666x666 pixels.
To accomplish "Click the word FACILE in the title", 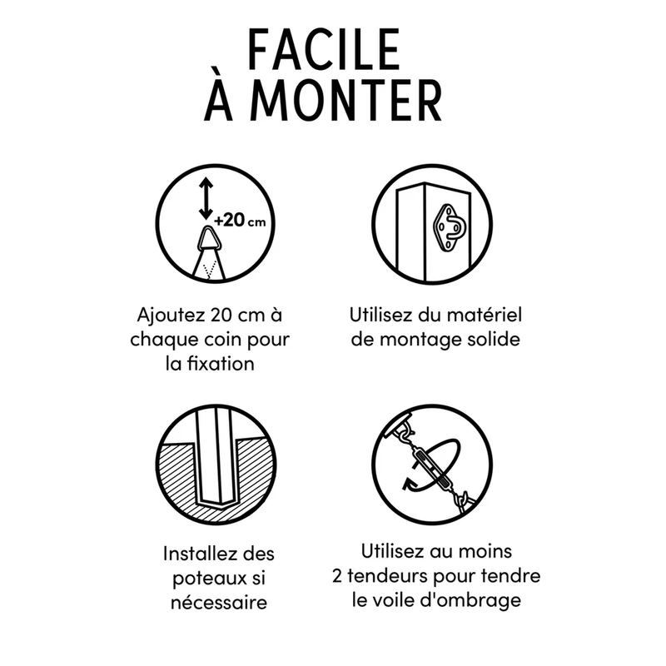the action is [x=324, y=49].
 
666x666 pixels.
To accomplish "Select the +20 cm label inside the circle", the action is [x=240, y=221].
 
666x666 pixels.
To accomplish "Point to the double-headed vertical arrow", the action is [x=206, y=198].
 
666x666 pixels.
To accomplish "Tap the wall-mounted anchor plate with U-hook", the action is [x=450, y=227].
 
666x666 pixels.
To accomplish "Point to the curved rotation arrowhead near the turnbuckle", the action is [x=410, y=485].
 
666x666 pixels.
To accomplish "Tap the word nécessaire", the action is [x=219, y=602].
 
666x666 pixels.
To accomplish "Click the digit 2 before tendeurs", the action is [x=337, y=576].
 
